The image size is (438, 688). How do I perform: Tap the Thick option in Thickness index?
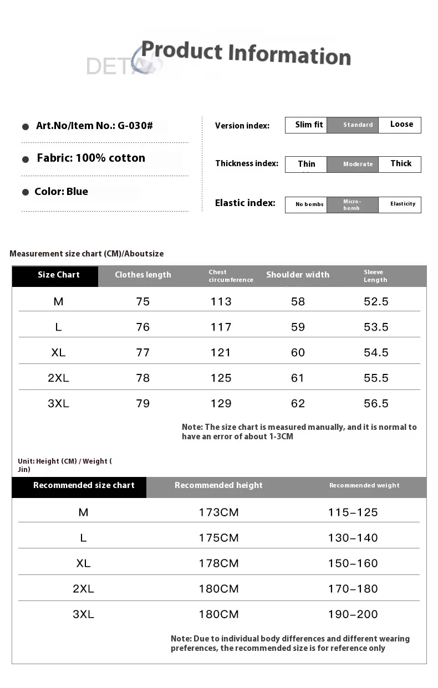tap(400, 164)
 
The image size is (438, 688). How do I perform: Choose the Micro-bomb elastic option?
tap(353, 205)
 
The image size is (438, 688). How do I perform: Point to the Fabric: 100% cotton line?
tap(91, 158)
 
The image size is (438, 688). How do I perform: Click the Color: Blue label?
tap(62, 192)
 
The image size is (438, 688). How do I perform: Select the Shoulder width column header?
tap(298, 275)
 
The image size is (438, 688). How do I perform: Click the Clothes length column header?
tap(143, 275)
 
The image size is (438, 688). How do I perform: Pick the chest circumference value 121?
tap(221, 353)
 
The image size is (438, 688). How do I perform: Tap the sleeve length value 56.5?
tap(376, 404)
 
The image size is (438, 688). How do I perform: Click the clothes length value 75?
tap(143, 302)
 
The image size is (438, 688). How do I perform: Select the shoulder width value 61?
tap(298, 378)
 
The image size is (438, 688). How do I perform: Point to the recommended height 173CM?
tap(218, 512)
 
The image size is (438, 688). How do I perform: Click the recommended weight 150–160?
tap(353, 563)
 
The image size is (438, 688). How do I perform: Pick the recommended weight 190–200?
tap(353, 614)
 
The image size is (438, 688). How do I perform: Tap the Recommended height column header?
tap(218, 486)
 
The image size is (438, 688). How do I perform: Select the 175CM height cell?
tap(218, 538)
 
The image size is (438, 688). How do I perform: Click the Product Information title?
tap(246, 54)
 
